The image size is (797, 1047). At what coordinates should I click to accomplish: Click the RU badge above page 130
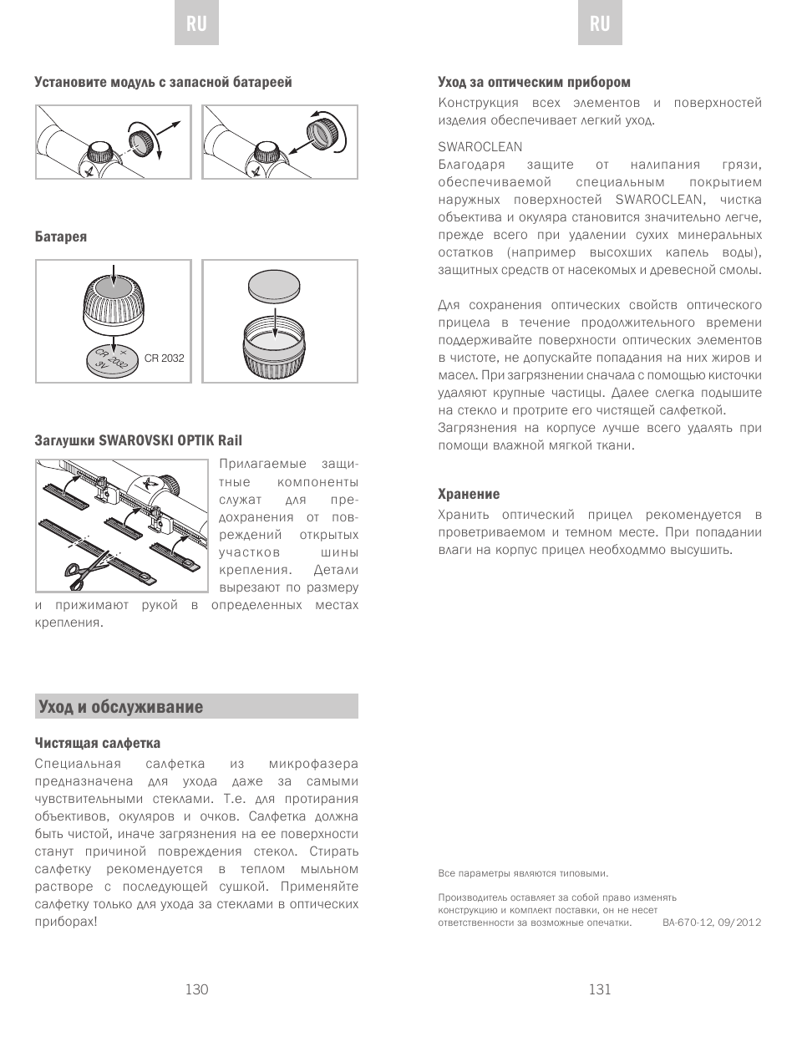click(x=196, y=23)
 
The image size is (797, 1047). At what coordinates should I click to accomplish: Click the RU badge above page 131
click(x=600, y=23)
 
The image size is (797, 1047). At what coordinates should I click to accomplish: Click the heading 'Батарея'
click(x=61, y=236)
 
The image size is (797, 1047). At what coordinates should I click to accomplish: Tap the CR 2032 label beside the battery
click(x=164, y=358)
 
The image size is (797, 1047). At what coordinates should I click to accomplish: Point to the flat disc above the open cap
click(x=275, y=287)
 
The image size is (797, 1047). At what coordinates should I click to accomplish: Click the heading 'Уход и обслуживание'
click(x=121, y=707)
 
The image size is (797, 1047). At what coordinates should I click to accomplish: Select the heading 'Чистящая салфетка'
click(x=98, y=743)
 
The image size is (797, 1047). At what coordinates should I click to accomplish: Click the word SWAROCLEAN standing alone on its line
click(x=480, y=147)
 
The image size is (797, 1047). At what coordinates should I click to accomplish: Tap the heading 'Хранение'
click(x=469, y=494)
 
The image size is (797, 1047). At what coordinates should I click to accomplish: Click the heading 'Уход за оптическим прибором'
click(x=534, y=82)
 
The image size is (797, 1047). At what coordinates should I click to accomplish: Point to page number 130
click(x=196, y=989)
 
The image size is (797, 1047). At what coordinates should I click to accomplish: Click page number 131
click(x=600, y=989)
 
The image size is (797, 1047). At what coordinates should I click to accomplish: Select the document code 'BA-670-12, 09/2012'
click(x=712, y=922)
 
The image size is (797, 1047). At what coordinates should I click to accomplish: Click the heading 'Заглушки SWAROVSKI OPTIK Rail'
click(x=139, y=440)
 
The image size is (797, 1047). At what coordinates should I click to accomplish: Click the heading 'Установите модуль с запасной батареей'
click(x=164, y=82)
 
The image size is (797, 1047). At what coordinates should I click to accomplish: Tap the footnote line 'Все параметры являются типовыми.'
click(x=523, y=873)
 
